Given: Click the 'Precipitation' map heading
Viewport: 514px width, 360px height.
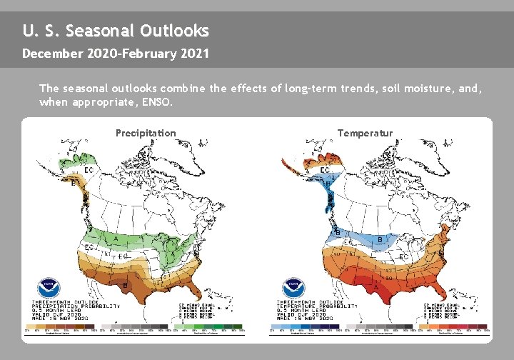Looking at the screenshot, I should [146, 133].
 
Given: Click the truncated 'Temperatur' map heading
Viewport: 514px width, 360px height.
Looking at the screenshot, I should [365, 133].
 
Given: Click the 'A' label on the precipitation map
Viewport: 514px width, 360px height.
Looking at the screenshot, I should [116, 239].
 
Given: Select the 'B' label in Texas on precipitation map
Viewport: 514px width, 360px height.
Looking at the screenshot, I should [126, 284].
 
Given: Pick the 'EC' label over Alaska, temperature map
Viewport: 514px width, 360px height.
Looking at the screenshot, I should [325, 170].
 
